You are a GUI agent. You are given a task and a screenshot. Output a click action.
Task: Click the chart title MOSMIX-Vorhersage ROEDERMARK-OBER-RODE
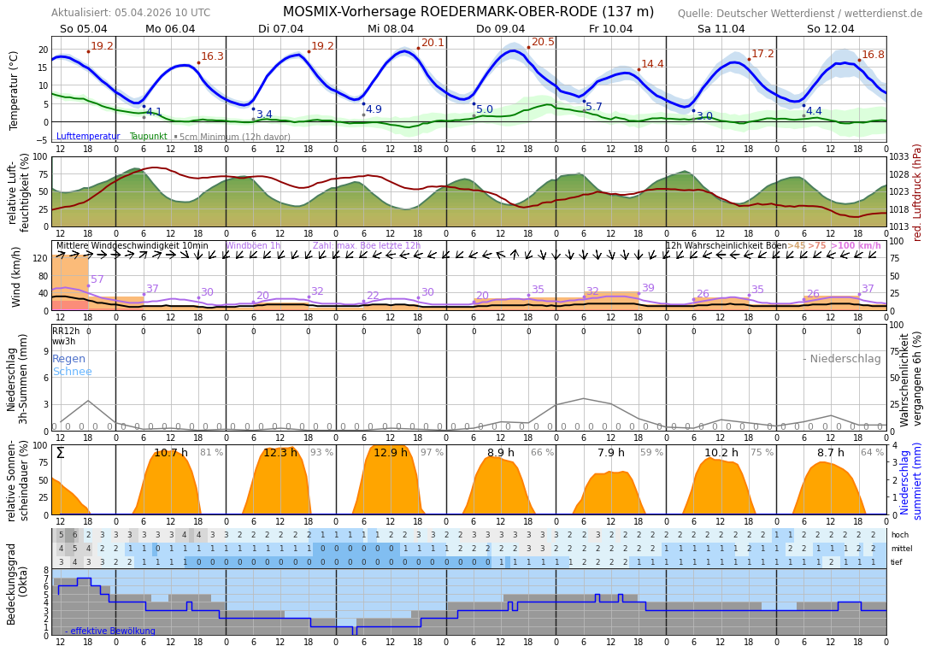[468, 12]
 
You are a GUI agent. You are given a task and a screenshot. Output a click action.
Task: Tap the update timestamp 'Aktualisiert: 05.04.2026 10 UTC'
[131, 13]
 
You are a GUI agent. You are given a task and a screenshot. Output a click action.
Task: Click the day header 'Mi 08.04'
[391, 29]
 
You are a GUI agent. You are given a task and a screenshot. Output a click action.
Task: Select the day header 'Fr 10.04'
[610, 29]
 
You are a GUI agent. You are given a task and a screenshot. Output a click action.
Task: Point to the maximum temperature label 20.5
[543, 42]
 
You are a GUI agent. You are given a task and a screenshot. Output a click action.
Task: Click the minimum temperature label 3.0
[704, 116]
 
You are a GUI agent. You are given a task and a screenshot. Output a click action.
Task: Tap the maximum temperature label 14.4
[652, 64]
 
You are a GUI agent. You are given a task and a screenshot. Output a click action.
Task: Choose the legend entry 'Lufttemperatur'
[89, 137]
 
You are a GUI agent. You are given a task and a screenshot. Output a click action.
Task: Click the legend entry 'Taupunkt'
[149, 137]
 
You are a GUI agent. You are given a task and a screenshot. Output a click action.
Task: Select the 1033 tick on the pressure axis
[900, 157]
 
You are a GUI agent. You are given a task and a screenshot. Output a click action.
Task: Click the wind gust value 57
[97, 279]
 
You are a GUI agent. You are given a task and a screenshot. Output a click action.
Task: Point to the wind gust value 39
[648, 288]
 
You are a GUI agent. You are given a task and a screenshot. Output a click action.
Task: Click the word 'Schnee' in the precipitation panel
[72, 372]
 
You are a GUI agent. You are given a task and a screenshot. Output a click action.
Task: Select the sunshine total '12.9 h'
[391, 453]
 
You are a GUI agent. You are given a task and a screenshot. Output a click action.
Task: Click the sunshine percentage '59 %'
[651, 453]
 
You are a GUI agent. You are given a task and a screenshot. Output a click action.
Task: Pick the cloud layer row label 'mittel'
[901, 549]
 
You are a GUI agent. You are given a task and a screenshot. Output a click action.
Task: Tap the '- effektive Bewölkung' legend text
[110, 631]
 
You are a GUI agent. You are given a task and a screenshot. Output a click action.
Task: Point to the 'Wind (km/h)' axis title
[16, 276]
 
